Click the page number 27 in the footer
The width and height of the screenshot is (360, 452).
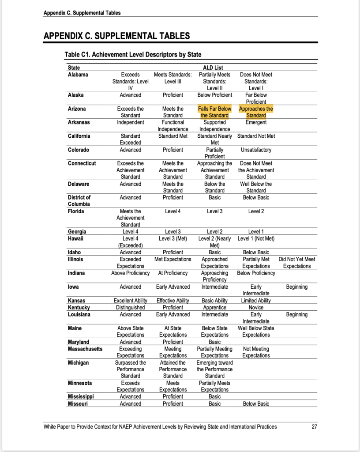[x=314, y=427]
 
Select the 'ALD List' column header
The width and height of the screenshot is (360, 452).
[x=213, y=68]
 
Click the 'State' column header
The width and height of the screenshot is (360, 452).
[x=74, y=68]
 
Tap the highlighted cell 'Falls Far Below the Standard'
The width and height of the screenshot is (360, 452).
[x=215, y=112]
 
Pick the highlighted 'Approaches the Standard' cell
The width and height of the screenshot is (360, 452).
[x=256, y=112]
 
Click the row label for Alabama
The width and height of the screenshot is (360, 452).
[x=78, y=75]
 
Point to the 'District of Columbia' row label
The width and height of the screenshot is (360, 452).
[x=79, y=201]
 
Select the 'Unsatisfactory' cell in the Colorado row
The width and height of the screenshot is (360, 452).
[x=256, y=150]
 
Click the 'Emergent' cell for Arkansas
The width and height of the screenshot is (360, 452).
[x=256, y=122]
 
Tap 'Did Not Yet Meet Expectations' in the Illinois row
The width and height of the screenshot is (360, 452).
[x=297, y=263]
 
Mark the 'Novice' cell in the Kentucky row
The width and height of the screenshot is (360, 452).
[x=256, y=307]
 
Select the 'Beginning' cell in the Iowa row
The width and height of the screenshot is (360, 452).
[x=297, y=287]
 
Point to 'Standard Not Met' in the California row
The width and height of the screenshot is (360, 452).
[x=256, y=136]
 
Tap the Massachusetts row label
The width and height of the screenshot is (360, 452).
[x=85, y=349]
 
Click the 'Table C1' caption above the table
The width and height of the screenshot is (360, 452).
[x=133, y=55]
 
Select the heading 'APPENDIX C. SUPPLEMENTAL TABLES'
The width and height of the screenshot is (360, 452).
[x=117, y=36]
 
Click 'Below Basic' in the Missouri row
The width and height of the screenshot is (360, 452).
[x=256, y=403]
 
